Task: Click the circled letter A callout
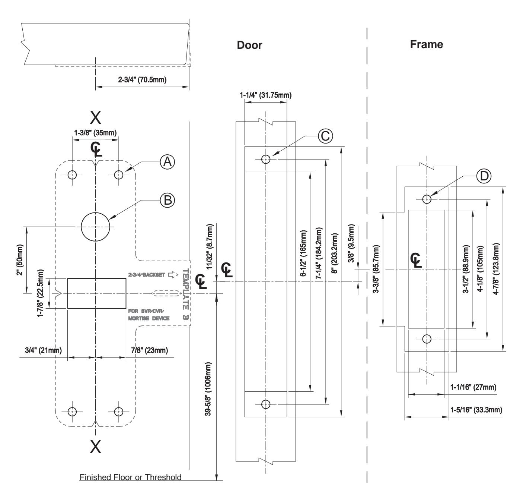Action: click(167, 162)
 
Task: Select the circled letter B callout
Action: click(167, 201)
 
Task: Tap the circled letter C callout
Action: click(325, 136)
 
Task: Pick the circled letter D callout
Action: click(484, 176)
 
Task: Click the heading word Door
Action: click(249, 45)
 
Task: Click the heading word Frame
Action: click(427, 44)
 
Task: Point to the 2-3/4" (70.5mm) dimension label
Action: click(142, 80)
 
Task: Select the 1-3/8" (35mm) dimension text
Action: click(95, 133)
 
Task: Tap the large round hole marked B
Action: click(95, 227)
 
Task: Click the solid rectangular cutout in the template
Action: click(96, 293)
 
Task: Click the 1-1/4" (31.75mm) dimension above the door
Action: click(265, 95)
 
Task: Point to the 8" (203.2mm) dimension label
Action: click(334, 253)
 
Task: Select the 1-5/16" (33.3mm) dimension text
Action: click(476, 410)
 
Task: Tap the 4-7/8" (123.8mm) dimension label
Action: click(496, 269)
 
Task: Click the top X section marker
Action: click(95, 117)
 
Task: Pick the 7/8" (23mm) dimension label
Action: click(149, 350)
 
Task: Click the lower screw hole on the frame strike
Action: click(427, 339)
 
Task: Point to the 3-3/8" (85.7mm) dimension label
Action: click(376, 269)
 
